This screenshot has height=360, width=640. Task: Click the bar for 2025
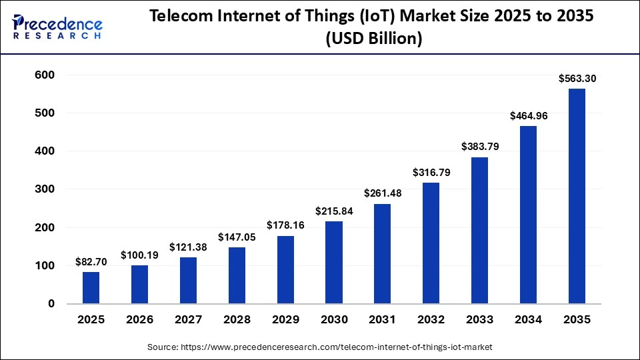[x=91, y=288]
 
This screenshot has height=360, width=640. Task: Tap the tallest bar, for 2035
[x=577, y=196]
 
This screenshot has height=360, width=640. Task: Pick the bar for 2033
[x=479, y=231]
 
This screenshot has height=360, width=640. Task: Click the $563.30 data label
[x=577, y=79]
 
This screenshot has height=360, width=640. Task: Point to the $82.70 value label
[x=91, y=262]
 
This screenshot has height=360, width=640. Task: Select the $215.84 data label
[x=333, y=211]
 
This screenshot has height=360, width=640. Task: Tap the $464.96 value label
[x=528, y=116]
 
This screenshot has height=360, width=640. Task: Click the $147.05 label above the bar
[x=237, y=237]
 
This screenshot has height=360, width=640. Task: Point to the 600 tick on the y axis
[x=43, y=75]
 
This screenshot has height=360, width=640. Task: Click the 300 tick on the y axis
[x=43, y=189]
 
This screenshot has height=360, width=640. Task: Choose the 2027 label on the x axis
[x=188, y=320]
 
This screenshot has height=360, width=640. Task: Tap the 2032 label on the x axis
[x=431, y=320]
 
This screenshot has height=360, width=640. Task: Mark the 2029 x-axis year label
[x=285, y=320]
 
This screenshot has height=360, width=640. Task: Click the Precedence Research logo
[x=57, y=26]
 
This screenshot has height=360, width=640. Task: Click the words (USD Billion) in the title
[x=373, y=39]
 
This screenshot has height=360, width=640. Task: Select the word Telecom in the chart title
[x=175, y=17]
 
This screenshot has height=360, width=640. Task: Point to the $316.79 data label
[x=431, y=173]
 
